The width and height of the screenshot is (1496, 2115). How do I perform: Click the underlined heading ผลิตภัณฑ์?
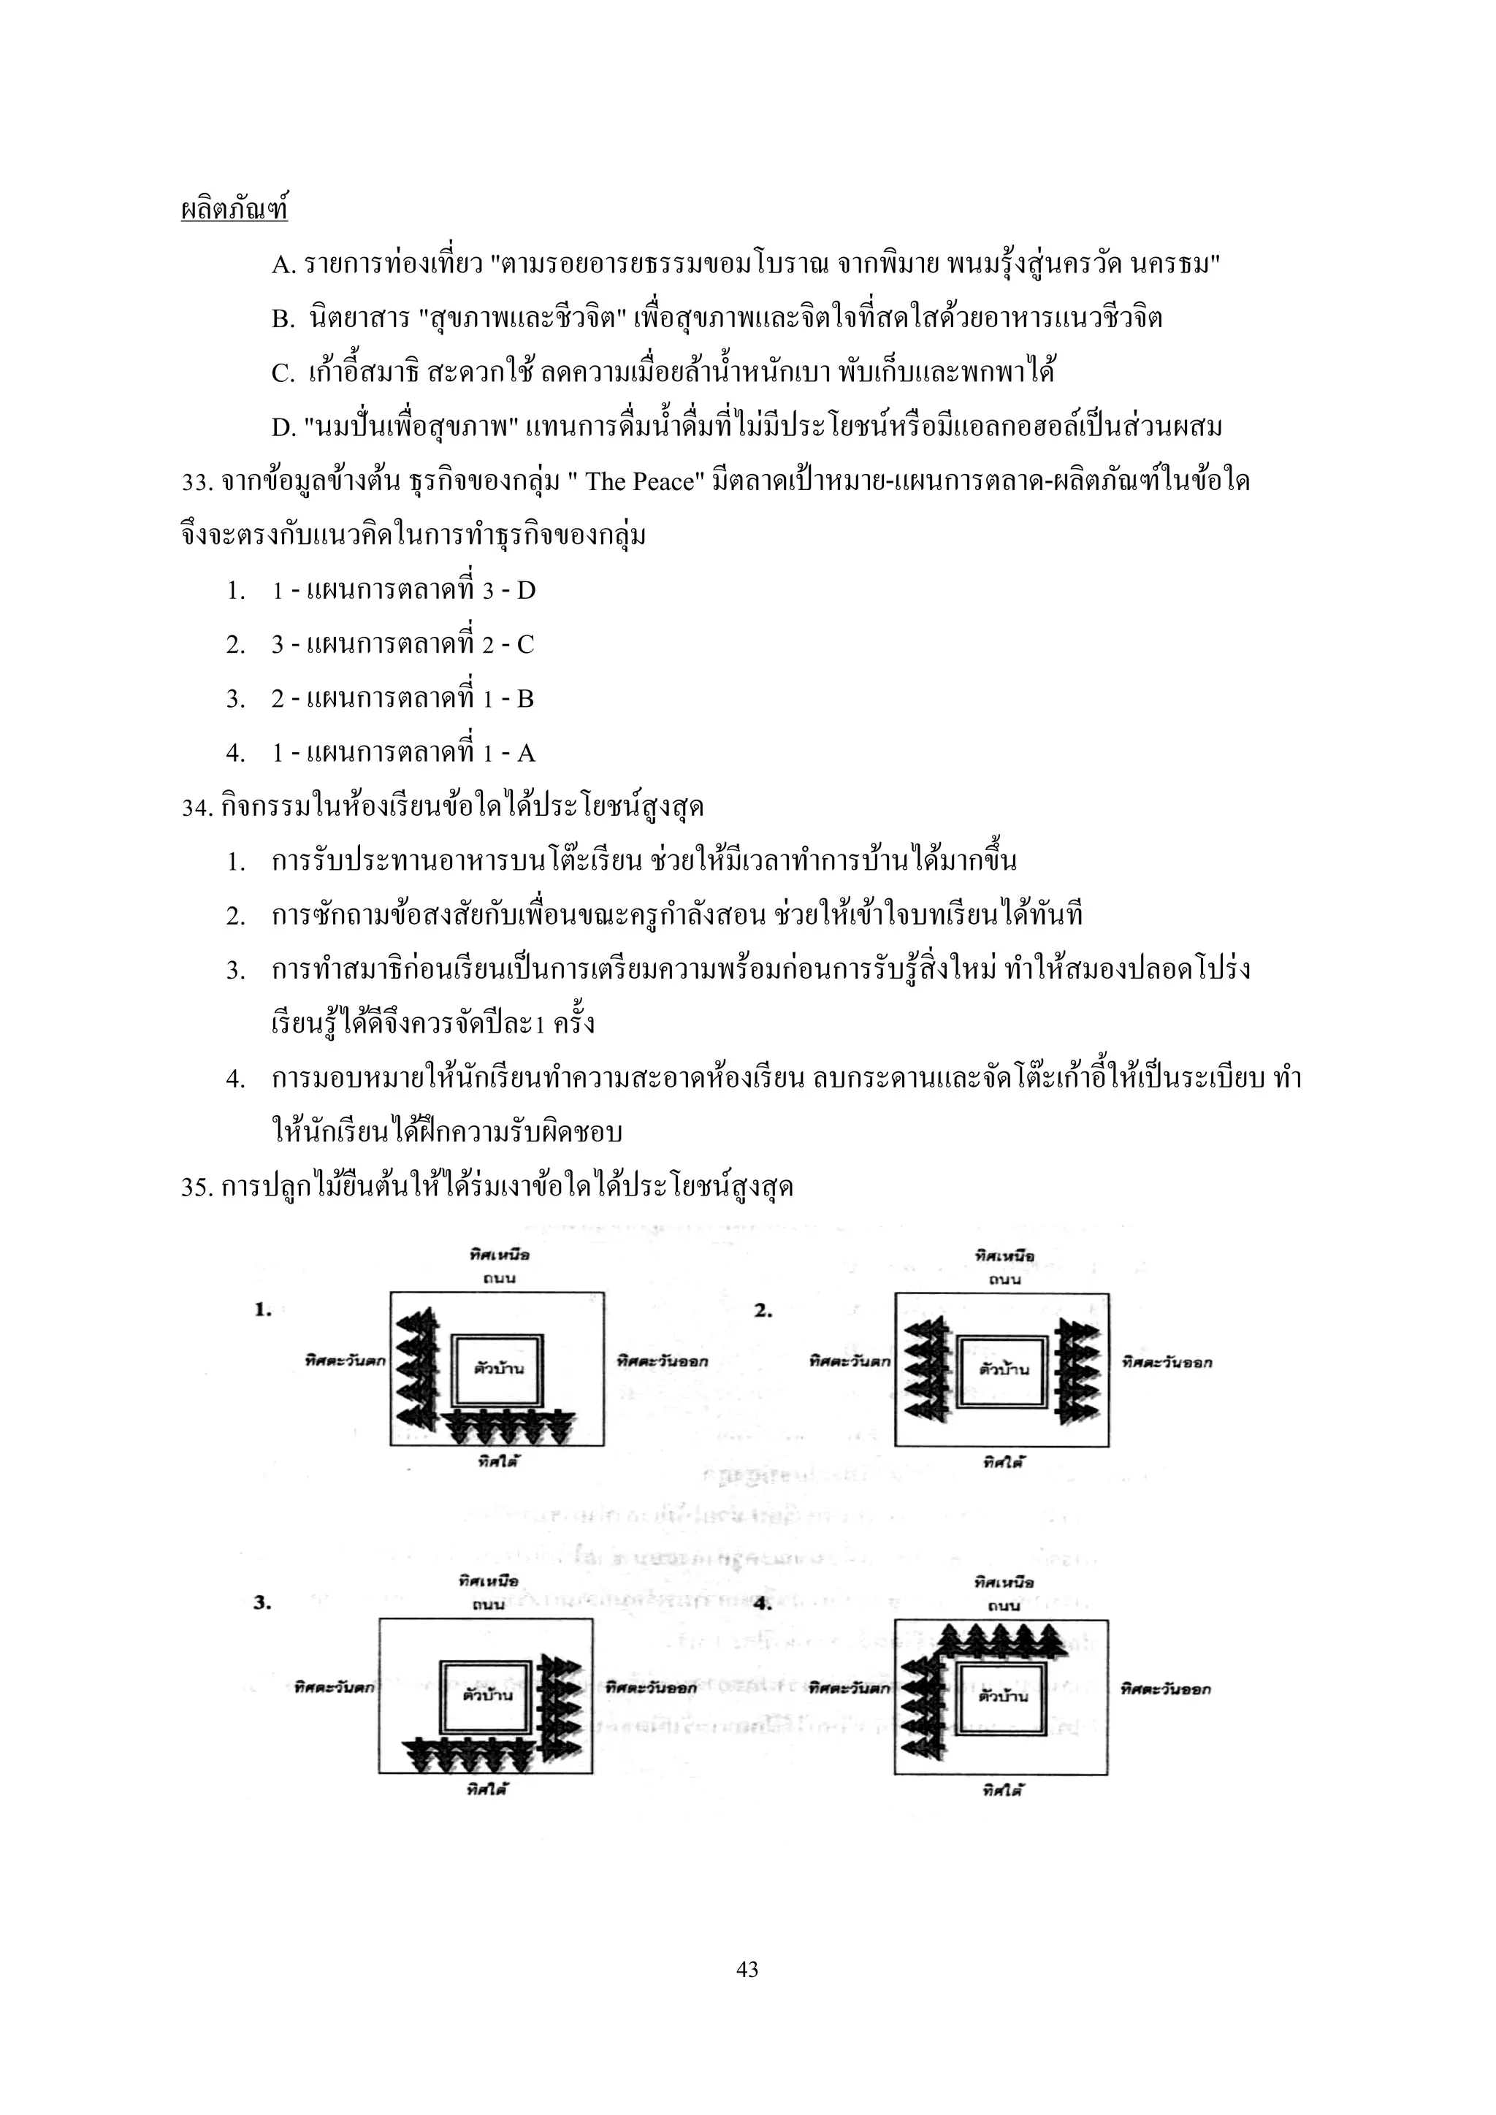(x=234, y=211)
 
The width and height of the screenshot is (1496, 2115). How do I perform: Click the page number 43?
(x=748, y=1970)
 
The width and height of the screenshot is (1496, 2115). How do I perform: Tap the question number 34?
(x=198, y=808)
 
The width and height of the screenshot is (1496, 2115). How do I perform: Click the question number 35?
(x=198, y=1188)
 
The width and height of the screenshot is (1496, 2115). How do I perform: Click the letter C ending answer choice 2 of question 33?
(x=525, y=645)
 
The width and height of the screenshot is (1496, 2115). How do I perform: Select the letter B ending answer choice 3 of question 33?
(x=525, y=699)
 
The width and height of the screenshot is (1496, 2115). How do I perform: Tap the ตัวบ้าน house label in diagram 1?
(x=498, y=1368)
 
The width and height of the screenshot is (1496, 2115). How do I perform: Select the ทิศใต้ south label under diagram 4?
(x=1003, y=1790)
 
